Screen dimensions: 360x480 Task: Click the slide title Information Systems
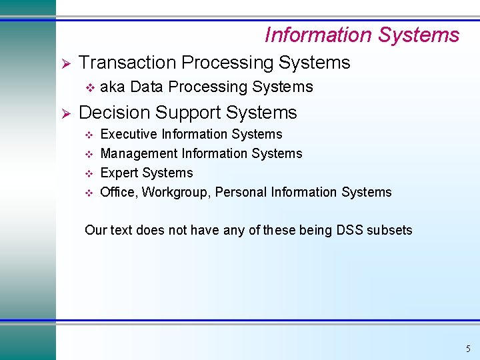(x=362, y=35)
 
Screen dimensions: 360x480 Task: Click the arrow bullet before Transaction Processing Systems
(x=66, y=63)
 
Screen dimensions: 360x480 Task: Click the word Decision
(x=116, y=113)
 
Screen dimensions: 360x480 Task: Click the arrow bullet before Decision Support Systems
(x=66, y=113)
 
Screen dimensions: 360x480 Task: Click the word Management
(x=139, y=154)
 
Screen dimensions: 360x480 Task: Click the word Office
(x=117, y=193)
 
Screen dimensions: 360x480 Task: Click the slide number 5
(x=468, y=349)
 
